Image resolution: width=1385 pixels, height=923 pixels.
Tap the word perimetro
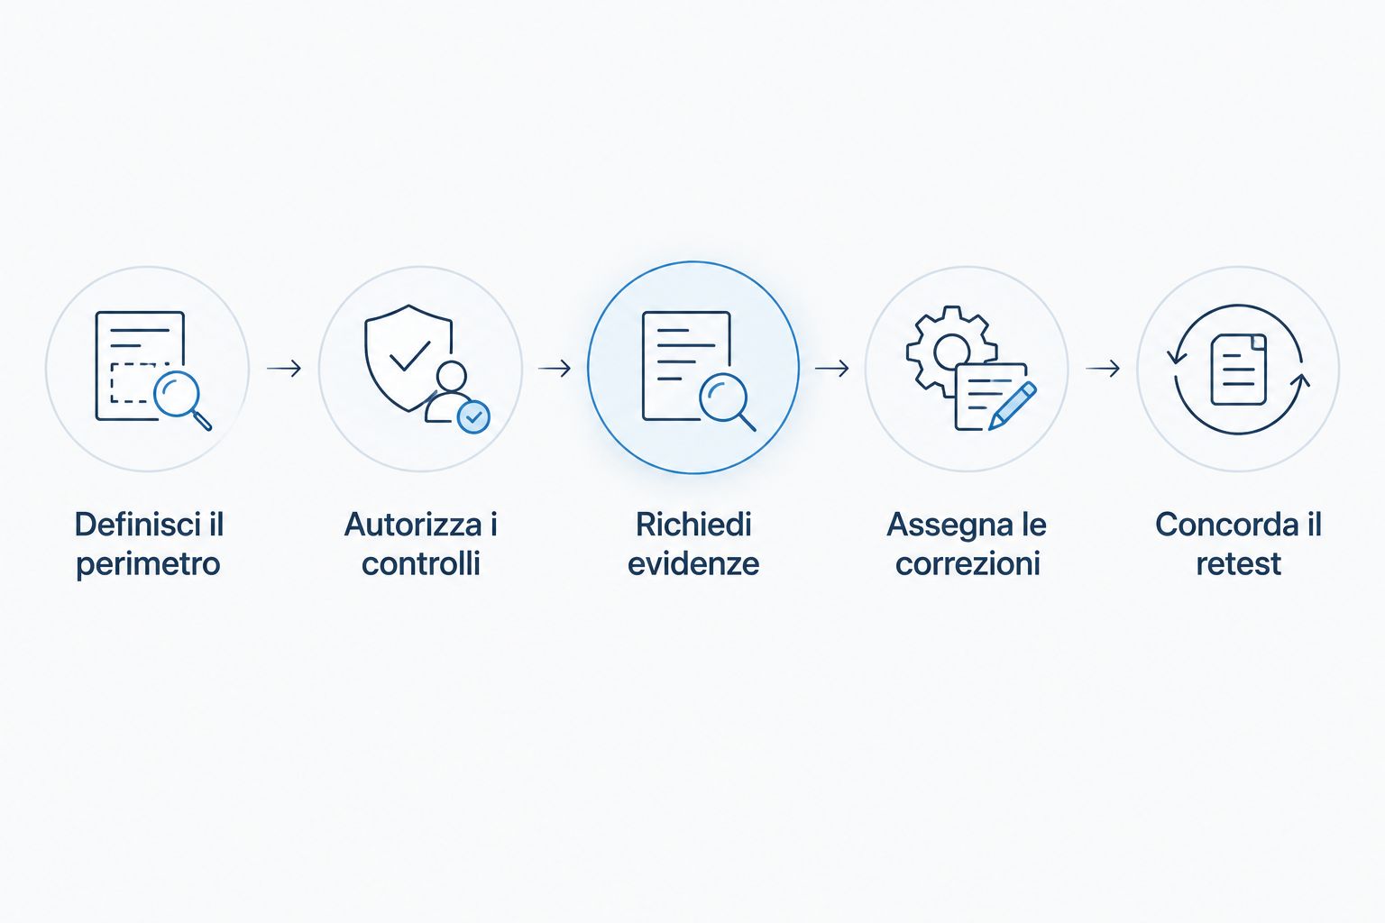(x=149, y=564)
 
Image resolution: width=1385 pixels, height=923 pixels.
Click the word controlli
(x=421, y=564)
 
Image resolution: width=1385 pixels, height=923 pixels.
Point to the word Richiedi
(x=693, y=525)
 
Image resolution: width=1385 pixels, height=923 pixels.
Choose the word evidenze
(x=693, y=564)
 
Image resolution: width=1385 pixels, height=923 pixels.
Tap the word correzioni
(x=968, y=564)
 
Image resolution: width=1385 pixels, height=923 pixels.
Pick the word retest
(x=1238, y=564)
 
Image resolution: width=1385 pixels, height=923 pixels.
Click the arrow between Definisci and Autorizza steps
(x=284, y=369)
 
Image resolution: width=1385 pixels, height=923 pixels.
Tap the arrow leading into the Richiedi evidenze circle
(x=555, y=369)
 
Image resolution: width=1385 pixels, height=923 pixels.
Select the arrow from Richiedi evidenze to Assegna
(x=831, y=369)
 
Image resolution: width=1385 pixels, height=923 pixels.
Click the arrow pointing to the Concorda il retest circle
(x=1103, y=369)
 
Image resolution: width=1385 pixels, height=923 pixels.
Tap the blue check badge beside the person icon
(x=473, y=417)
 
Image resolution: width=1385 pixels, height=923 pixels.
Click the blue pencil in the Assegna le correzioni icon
(x=1013, y=406)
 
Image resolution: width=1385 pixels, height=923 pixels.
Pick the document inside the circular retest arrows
(x=1238, y=370)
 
